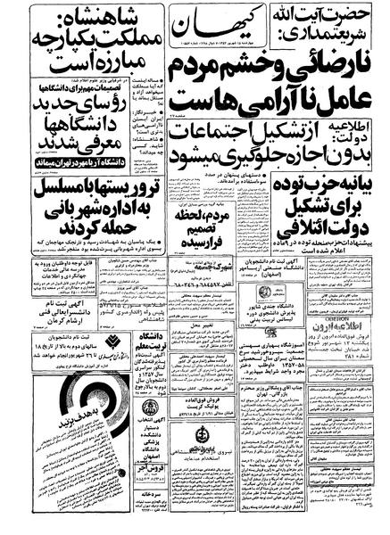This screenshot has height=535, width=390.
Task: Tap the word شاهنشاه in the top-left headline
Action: (x=100, y=15)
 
